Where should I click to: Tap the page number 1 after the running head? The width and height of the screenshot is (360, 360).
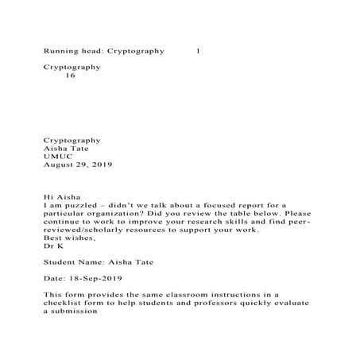click(198, 51)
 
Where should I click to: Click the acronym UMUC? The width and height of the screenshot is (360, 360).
click(58, 157)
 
